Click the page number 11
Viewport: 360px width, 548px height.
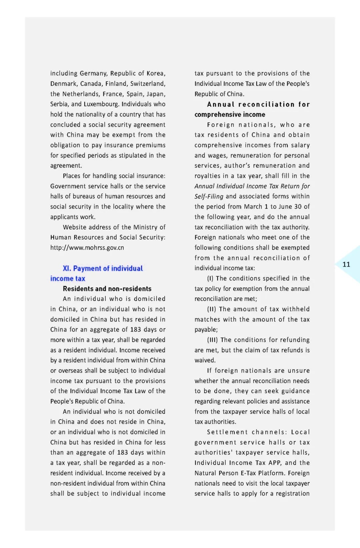tap(346, 264)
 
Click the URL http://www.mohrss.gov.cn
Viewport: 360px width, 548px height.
tap(87, 248)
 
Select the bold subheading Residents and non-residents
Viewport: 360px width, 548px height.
tap(107, 289)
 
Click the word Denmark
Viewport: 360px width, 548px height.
tap(63, 84)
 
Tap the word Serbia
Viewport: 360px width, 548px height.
tap(59, 104)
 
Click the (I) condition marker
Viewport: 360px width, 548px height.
tap(210, 279)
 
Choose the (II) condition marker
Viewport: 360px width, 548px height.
tap(211, 309)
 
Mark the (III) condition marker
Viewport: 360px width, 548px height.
tap(212, 340)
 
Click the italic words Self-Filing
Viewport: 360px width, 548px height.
tap(209, 196)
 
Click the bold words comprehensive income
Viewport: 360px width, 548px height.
tap(230, 114)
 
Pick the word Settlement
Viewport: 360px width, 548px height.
tap(227, 432)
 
